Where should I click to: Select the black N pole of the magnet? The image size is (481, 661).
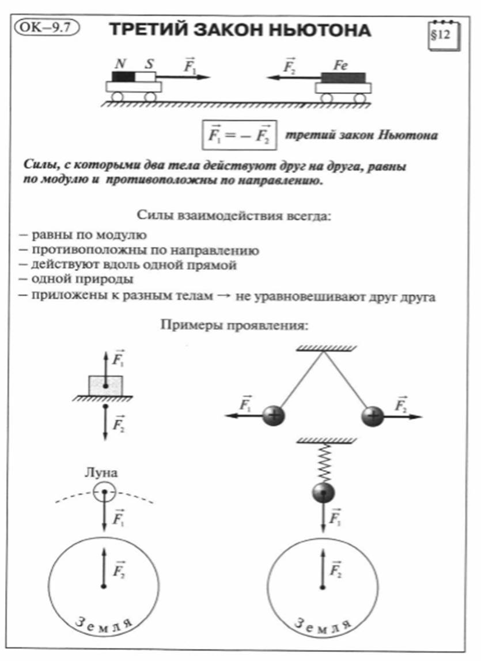coord(123,77)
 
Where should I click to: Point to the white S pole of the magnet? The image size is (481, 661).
coord(145,77)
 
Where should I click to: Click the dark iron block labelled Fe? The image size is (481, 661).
coord(343,77)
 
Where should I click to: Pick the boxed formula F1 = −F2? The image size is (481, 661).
coord(239,136)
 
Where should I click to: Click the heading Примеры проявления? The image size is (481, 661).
coord(234,325)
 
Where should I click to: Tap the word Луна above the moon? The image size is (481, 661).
coord(101,472)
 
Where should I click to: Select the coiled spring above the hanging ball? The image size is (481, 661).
coord(324,463)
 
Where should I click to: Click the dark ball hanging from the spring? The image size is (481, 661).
coord(324,493)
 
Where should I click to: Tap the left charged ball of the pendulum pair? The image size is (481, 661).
coord(274,416)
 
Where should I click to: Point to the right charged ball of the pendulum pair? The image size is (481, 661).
coord(373,416)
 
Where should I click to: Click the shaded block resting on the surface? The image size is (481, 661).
coord(106,386)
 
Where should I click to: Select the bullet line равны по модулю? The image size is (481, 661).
coord(82,235)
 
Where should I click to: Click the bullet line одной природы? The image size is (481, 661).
coord(76,279)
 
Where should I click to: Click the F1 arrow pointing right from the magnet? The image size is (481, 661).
coord(183,77)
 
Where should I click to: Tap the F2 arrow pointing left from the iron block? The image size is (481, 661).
coord(294,77)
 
